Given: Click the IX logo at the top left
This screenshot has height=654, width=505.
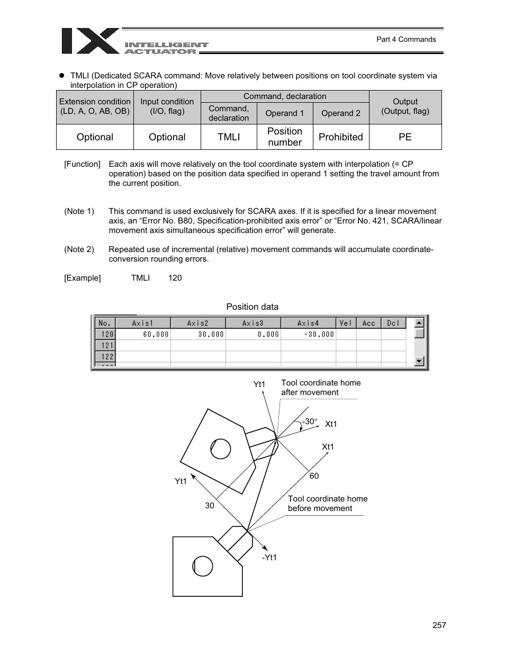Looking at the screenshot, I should click(x=90, y=41).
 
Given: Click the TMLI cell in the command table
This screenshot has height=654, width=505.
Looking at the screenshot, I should click(x=229, y=137).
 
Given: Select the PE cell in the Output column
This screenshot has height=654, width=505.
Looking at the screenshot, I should click(x=405, y=137).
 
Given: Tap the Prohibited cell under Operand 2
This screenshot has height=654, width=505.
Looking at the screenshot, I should click(x=341, y=137).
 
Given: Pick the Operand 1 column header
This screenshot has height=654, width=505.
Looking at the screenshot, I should click(x=285, y=113).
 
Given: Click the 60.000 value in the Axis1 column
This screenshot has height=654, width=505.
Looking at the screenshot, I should click(x=156, y=334).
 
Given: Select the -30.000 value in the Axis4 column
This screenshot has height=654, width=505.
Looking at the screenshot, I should click(x=319, y=334).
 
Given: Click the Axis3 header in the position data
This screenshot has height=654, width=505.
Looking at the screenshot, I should click(x=253, y=323).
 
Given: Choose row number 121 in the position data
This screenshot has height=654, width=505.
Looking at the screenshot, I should click(x=107, y=345).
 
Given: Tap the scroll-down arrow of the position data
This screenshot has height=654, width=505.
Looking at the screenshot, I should click(x=419, y=361).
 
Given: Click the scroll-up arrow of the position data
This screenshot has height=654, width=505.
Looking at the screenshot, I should click(x=419, y=322).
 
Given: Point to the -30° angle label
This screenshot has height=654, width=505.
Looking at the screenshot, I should click(x=309, y=422).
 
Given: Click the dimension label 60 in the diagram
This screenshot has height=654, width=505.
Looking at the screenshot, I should click(x=314, y=476).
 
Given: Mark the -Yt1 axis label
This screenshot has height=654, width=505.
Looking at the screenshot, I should click(x=269, y=558).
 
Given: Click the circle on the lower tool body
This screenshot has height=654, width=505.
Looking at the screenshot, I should click(x=203, y=566).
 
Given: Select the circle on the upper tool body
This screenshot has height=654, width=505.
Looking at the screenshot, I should click(x=220, y=449).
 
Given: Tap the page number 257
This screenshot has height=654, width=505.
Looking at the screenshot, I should click(x=439, y=625).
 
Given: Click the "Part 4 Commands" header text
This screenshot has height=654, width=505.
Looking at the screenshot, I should click(x=406, y=39).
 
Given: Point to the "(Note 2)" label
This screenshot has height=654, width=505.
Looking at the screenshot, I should click(x=79, y=249).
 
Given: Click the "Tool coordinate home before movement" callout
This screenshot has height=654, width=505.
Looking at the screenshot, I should click(x=327, y=504).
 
